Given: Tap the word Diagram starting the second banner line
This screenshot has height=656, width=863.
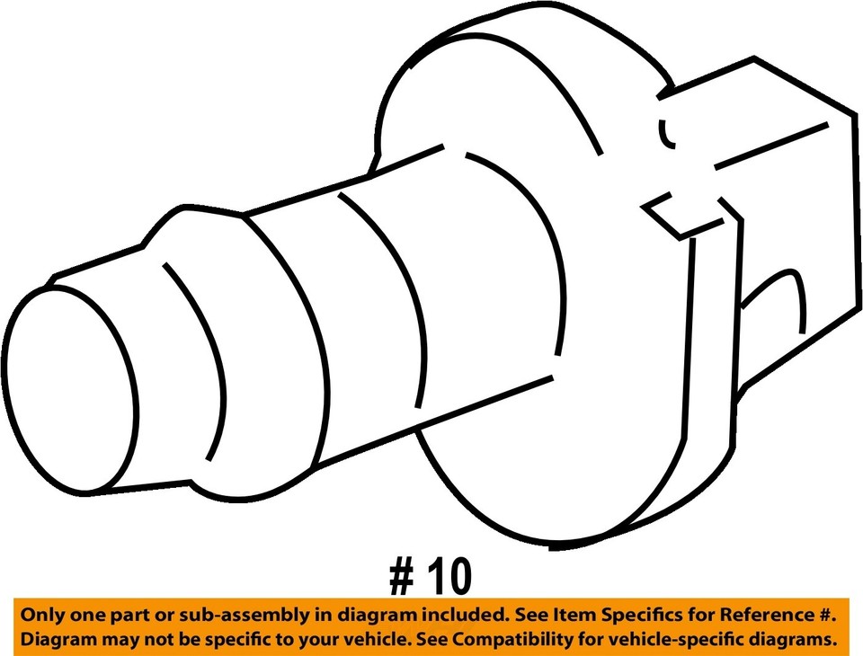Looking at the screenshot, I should tap(59, 640).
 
